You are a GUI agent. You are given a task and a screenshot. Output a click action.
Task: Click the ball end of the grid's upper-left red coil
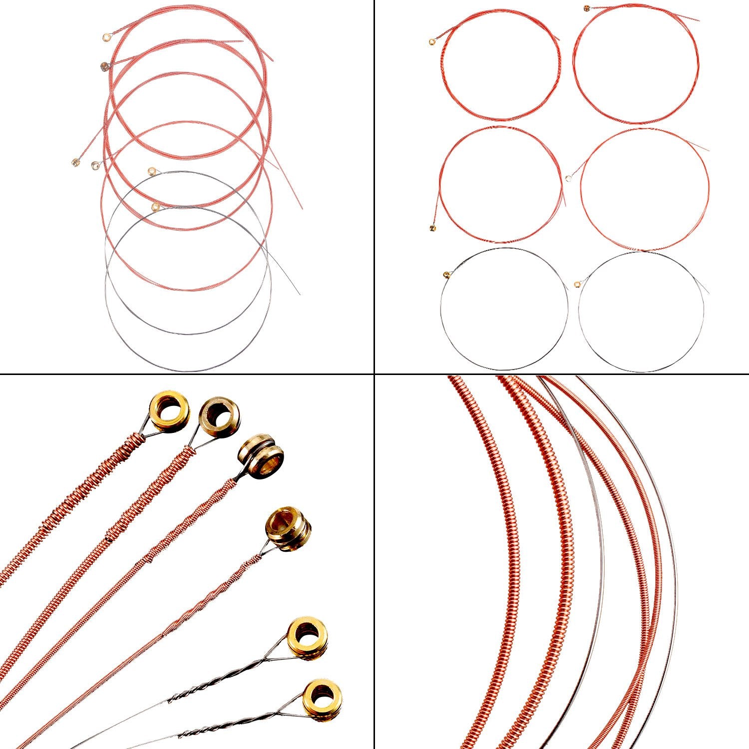click(x=432, y=42)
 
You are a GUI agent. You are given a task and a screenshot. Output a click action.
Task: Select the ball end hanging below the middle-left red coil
click(x=433, y=228)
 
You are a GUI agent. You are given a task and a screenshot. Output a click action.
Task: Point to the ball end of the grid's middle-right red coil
click(x=569, y=177)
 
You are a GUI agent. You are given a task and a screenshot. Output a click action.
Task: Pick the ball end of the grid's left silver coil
click(x=446, y=274)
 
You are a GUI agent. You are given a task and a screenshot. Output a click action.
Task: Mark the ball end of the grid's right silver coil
click(x=577, y=284)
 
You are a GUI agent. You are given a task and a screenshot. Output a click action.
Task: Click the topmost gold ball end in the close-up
click(x=169, y=411)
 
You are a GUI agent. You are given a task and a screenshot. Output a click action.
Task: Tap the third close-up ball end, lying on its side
click(x=261, y=451)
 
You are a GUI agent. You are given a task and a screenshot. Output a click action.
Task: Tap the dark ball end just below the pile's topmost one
click(x=104, y=66)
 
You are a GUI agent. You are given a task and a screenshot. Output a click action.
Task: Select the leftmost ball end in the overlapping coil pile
click(x=75, y=162)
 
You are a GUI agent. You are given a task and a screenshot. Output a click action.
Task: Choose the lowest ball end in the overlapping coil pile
click(x=156, y=206)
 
